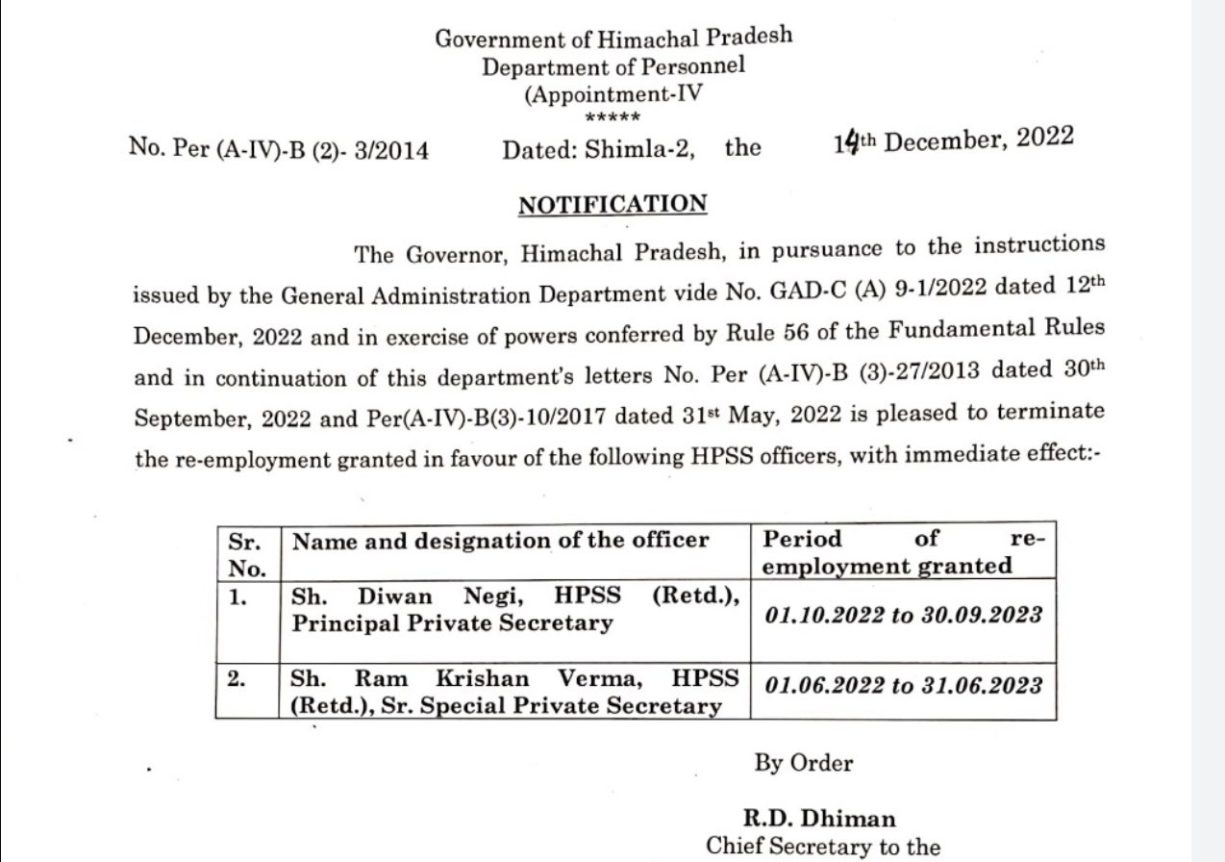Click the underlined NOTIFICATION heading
(x=612, y=205)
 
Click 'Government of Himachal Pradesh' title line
(x=613, y=38)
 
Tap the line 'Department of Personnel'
(x=613, y=67)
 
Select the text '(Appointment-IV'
(x=613, y=95)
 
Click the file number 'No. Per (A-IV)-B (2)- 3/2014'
(x=279, y=150)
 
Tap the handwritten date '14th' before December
(x=854, y=142)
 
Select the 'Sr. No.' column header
(x=246, y=552)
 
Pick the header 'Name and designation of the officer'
(x=500, y=540)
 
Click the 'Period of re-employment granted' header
(x=902, y=552)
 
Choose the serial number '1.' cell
(x=238, y=596)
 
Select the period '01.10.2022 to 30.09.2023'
(x=903, y=616)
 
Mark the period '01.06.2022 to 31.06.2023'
(x=903, y=685)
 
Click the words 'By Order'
(x=804, y=763)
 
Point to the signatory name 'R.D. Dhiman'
(x=819, y=819)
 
